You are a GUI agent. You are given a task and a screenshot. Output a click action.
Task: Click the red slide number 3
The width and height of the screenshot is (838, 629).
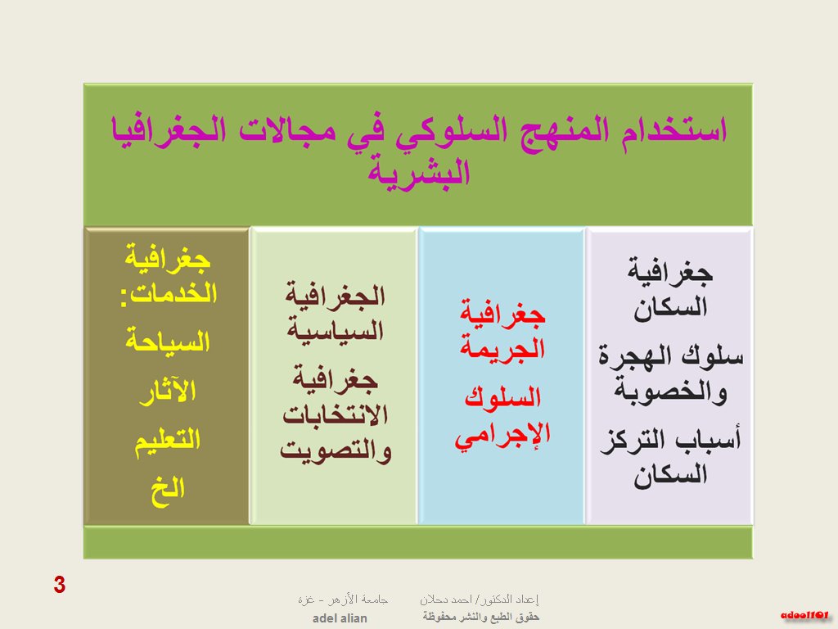59,585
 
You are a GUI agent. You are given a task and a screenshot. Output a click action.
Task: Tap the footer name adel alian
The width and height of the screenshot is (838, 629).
340,618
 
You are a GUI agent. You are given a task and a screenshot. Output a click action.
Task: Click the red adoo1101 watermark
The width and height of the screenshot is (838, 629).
804,616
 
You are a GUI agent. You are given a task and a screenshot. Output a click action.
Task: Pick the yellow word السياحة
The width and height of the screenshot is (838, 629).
167,342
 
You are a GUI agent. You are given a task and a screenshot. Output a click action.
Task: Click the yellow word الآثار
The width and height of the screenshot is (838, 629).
167,391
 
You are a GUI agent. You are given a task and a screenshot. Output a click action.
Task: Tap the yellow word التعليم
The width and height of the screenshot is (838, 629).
167,441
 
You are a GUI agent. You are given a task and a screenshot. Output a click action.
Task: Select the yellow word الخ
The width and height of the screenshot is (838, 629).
167,491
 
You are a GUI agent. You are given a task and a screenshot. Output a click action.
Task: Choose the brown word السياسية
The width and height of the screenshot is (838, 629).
336,330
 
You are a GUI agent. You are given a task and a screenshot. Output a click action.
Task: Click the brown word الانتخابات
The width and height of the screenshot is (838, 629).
335,415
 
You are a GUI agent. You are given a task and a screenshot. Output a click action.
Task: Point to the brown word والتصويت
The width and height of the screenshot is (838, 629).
336,450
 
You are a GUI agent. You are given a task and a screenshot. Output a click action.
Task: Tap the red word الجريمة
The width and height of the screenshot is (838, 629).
502,348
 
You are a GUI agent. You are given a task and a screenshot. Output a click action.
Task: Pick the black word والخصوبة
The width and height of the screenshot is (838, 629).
670,391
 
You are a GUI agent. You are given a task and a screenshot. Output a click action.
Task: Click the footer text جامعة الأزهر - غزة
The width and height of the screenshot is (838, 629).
343,600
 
